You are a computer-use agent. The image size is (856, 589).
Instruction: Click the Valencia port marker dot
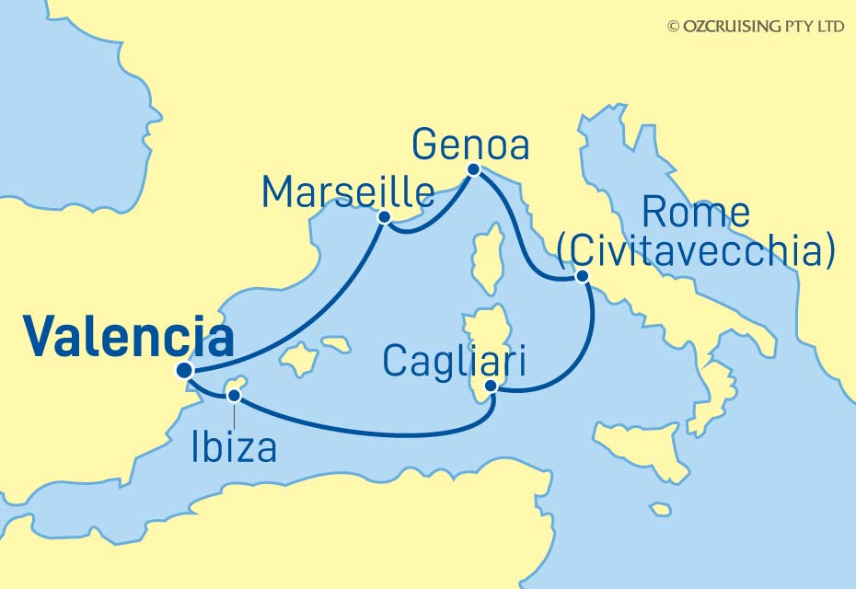(184, 370)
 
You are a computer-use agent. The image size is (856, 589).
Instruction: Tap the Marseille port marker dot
(385, 217)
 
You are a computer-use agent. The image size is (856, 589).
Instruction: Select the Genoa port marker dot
(473, 169)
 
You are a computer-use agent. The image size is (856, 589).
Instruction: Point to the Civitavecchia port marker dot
(581, 276)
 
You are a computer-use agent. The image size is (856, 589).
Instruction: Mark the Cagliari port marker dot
(492, 387)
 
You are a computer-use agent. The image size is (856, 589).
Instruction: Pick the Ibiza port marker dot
(234, 396)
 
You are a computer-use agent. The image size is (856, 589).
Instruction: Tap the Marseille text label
(348, 192)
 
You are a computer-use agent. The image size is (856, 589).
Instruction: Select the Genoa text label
(470, 144)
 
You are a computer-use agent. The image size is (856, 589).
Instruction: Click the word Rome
(695, 214)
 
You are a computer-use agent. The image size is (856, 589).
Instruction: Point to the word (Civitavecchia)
(696, 250)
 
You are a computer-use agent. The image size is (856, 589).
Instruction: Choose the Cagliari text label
(454, 361)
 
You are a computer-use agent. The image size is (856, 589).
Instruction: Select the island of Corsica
(489, 258)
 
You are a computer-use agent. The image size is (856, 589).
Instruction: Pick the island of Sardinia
(485, 345)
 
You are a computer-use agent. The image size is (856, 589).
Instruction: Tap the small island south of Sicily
(660, 509)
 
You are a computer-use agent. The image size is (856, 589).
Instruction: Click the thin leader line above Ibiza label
(234, 416)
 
